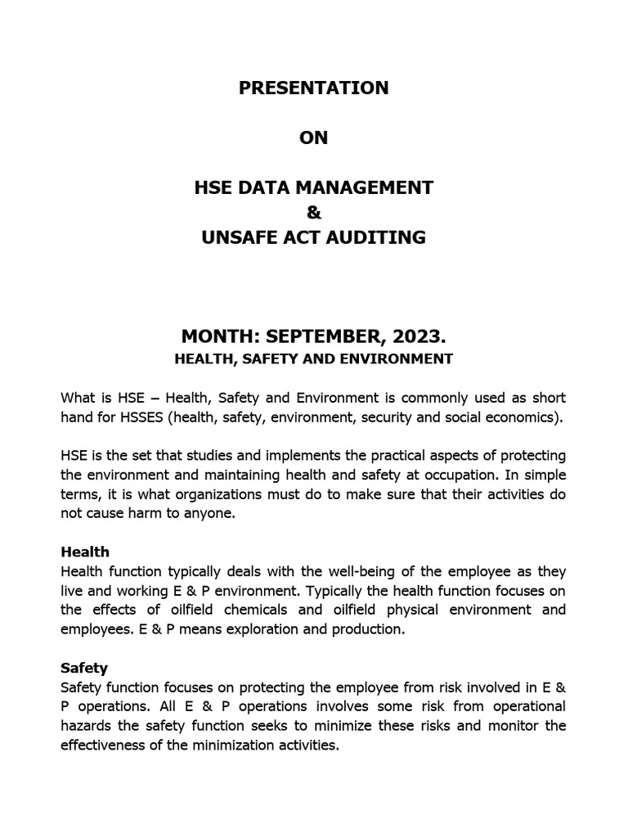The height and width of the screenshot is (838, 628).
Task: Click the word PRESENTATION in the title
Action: pyautogui.click(x=313, y=88)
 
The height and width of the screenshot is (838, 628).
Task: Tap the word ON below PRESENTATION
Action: pyautogui.click(x=313, y=137)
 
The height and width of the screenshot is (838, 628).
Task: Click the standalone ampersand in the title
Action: pyautogui.click(x=313, y=213)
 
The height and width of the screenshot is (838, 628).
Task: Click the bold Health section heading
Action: pyautogui.click(x=84, y=552)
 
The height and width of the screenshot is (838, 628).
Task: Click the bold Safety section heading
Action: pyautogui.click(x=84, y=668)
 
